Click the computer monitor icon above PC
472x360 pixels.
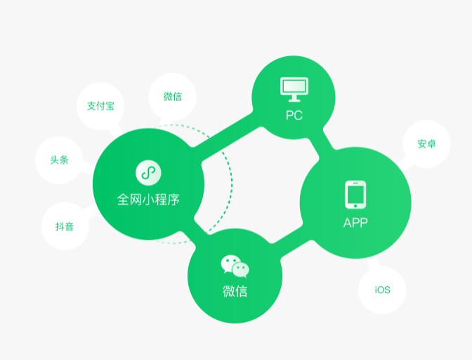pos(294,89)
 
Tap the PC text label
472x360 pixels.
pos(294,115)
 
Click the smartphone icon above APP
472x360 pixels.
pos(355,195)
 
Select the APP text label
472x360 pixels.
pos(355,224)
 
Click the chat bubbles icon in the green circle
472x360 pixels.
pos(235,266)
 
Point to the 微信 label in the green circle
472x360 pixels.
pos(235,291)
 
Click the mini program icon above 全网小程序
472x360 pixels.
pos(148,172)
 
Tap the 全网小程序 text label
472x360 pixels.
pos(148,200)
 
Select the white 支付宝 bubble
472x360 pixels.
pos(100,106)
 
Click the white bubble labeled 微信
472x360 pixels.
pos(173,97)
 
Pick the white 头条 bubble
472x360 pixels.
pos(59,160)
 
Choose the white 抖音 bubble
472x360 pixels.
pos(65,226)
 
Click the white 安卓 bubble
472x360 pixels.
pos(426,144)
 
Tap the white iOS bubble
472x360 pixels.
pos(382,290)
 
